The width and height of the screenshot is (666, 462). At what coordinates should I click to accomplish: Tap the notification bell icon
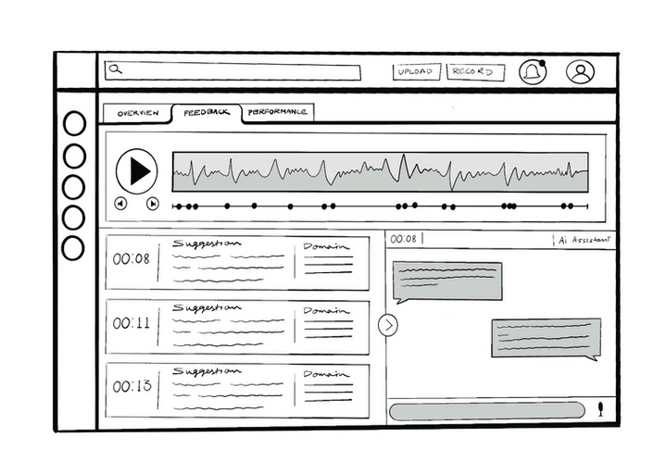point(533,72)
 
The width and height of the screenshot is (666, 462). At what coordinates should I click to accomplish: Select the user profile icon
point(581,72)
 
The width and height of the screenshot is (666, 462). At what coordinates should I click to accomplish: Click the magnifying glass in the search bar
point(116,69)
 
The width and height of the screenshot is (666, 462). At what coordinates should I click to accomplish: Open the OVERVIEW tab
point(137,113)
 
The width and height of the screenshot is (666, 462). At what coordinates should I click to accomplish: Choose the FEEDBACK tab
point(206,113)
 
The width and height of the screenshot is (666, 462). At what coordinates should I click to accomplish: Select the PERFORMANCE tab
point(277,112)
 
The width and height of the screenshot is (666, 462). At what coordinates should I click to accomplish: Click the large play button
point(137,171)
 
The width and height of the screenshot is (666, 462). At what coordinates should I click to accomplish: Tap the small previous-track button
point(120,204)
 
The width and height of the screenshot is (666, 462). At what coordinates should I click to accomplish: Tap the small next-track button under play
point(153,204)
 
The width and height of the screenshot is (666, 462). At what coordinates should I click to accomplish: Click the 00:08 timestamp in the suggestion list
point(132,259)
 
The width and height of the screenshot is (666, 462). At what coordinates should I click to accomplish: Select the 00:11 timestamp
point(132,323)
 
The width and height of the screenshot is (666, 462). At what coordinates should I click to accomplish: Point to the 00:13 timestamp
point(132,386)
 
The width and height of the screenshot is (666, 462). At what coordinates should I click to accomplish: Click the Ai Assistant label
point(584,240)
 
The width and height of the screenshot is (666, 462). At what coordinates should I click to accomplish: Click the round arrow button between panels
point(388,325)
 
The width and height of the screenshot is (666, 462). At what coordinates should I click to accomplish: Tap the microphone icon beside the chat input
point(601,408)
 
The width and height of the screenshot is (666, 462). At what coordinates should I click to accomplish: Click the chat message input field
point(486,410)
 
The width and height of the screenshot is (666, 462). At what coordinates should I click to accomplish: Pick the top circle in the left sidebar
point(74,124)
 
